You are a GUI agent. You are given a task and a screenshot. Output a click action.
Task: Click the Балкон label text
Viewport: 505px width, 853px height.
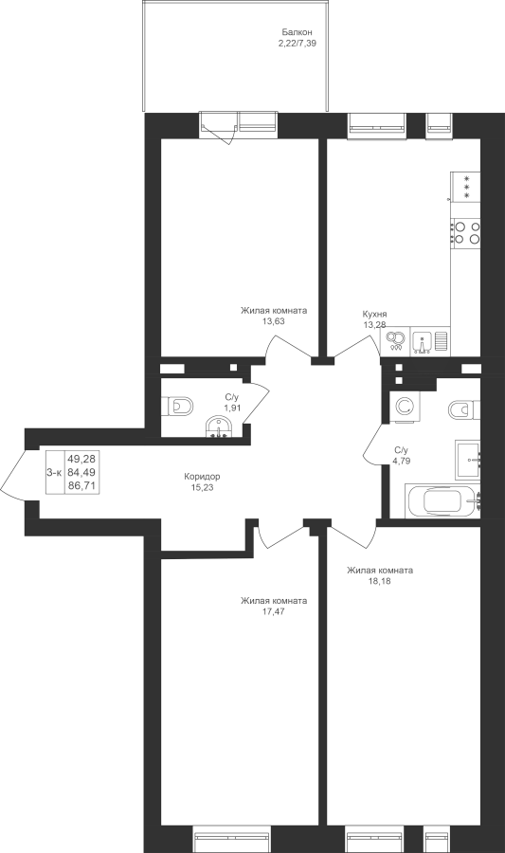click(x=297, y=33)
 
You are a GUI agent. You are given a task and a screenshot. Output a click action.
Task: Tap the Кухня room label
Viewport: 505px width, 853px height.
click(x=374, y=315)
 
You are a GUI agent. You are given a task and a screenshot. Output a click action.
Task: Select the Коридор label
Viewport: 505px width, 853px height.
click(x=202, y=477)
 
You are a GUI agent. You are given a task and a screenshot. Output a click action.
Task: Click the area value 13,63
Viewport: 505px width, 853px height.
click(x=274, y=321)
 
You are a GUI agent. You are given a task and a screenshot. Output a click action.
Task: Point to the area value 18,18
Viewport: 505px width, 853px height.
click(x=379, y=580)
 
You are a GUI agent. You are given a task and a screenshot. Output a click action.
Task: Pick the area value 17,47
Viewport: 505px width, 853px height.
click(x=274, y=611)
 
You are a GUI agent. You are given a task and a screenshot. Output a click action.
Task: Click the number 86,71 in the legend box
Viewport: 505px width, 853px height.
click(x=81, y=486)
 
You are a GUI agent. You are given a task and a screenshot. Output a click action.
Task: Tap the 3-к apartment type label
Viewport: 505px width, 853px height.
click(x=54, y=473)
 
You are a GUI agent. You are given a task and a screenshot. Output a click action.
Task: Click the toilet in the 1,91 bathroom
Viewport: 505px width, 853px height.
click(x=177, y=406)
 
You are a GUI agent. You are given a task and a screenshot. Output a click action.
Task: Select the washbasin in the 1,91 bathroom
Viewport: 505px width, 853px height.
click(x=219, y=426)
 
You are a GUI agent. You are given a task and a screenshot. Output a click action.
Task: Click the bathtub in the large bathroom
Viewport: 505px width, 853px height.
click(x=442, y=501)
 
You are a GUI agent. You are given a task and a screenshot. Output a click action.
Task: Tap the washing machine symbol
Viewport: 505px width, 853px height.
click(x=404, y=407)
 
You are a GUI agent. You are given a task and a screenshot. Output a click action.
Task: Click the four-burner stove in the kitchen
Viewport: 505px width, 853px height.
click(x=465, y=232)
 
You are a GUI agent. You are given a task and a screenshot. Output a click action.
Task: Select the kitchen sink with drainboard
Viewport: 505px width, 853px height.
click(x=430, y=341)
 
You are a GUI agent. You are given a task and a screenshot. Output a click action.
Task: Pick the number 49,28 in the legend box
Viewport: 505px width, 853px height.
click(x=81, y=460)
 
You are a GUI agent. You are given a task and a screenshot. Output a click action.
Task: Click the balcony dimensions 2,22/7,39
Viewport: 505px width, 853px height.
click(x=297, y=44)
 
